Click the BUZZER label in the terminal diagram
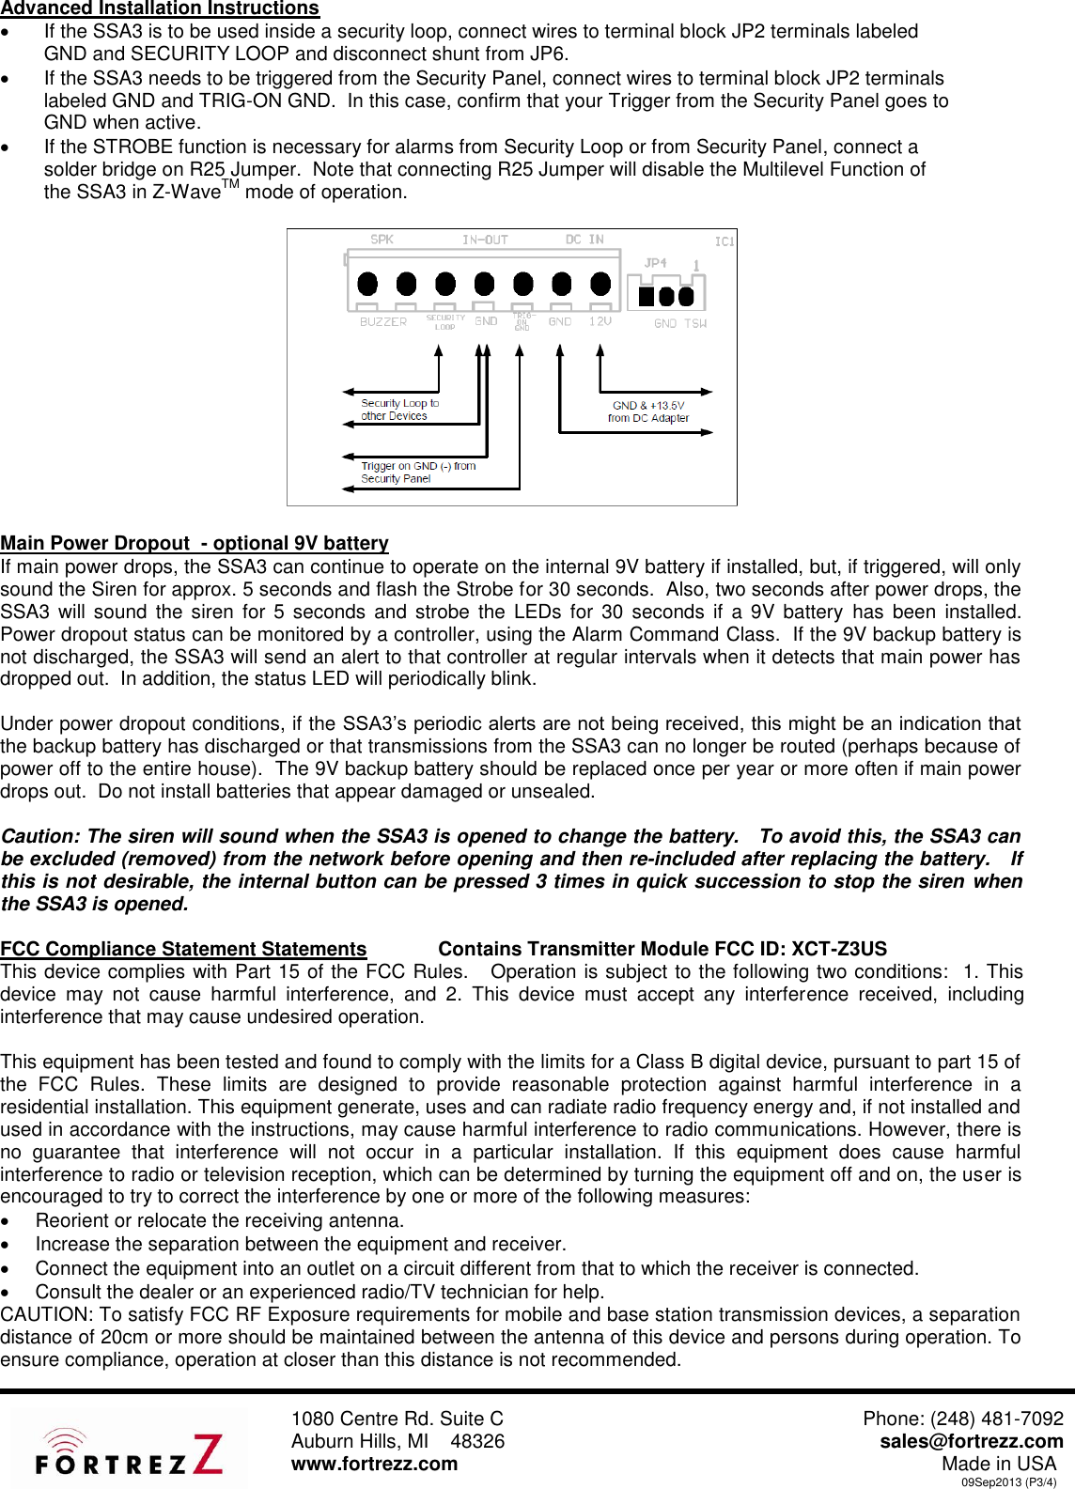point(383,322)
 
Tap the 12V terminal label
point(600,321)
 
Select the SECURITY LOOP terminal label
point(445,322)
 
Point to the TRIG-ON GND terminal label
point(522,321)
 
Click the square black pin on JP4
point(647,296)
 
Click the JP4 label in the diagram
point(655,263)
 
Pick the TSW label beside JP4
point(695,323)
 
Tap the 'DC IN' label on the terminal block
point(584,240)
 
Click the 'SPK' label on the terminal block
point(382,240)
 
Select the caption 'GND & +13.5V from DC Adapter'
point(648,411)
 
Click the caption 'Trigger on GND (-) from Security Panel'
point(418,472)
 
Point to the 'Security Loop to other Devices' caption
point(399,410)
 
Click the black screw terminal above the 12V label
point(600,284)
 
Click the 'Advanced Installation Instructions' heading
point(160,8)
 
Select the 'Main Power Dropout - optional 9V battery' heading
point(195,543)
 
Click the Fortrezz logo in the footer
point(129,1452)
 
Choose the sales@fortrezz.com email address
point(972,1441)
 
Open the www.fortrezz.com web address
point(374,1464)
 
